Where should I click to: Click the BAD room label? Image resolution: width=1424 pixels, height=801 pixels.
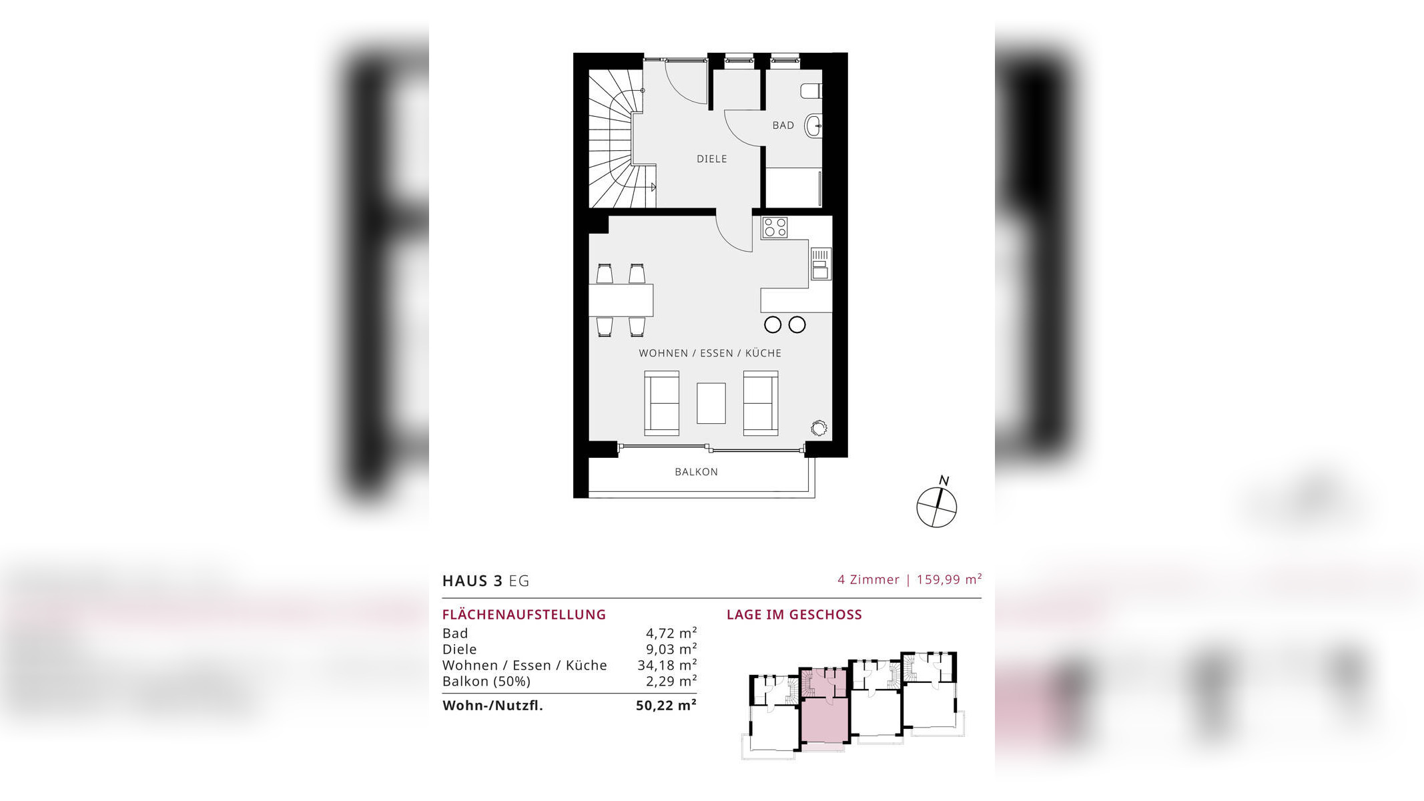(783, 125)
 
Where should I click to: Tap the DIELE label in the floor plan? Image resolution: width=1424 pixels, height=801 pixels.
(711, 159)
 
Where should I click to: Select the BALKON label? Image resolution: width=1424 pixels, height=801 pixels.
(696, 472)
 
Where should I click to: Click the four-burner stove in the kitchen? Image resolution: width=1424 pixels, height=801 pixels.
(775, 228)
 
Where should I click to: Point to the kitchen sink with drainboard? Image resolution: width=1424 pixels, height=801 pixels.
(821, 264)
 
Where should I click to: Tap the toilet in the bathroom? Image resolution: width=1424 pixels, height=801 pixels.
(811, 91)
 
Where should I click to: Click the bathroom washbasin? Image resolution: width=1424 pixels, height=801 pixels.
(813, 125)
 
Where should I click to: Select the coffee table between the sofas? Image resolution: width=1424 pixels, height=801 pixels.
(711, 403)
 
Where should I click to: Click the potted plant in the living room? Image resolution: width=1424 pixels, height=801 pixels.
(819, 428)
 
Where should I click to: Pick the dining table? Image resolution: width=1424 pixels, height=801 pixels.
(621, 300)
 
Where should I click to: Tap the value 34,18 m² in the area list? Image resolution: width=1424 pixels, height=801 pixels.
(667, 665)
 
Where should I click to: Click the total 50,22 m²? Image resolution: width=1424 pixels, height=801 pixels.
(666, 706)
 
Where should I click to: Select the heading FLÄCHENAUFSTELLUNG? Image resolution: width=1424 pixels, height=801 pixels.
(524, 615)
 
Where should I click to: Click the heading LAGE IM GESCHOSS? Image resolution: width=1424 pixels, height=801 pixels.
(794, 615)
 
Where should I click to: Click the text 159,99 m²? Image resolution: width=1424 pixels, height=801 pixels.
(949, 579)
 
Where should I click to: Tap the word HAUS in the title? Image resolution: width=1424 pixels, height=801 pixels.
(465, 581)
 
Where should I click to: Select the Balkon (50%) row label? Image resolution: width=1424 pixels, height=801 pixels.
(486, 682)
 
